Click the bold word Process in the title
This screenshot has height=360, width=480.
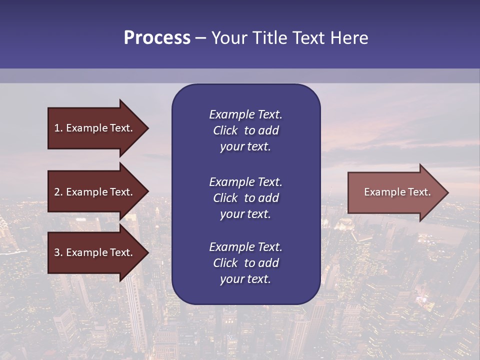[157, 38]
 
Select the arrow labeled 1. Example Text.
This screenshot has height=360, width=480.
[95, 128]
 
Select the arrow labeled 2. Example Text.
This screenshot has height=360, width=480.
[95, 192]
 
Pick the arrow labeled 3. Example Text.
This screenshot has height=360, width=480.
[95, 252]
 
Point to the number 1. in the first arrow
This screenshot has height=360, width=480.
[58, 128]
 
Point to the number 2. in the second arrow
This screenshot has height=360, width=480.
[58, 192]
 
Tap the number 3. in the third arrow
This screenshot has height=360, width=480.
[58, 252]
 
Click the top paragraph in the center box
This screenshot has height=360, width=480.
[245, 130]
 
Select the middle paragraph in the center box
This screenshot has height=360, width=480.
[245, 198]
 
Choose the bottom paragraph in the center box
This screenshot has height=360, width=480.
[245, 263]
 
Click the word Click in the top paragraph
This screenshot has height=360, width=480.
[225, 130]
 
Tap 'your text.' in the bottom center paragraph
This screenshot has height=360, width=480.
[245, 279]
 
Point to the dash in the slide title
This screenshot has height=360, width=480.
[200, 38]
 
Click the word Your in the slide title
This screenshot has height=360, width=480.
[228, 38]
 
